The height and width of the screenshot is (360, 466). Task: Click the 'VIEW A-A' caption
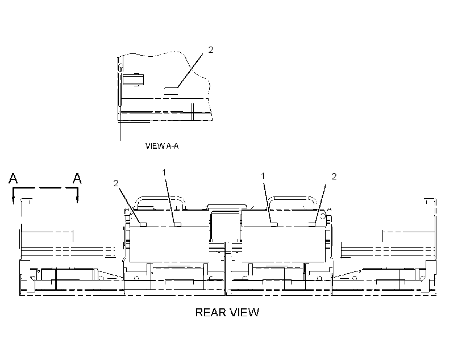[x=162, y=146]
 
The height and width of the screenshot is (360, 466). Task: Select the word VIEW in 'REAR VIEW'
[x=244, y=312]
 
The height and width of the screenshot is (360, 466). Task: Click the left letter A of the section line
[x=13, y=178]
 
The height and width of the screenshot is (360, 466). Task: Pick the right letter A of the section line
[x=77, y=178]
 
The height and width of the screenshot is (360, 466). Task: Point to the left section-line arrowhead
[x=14, y=200]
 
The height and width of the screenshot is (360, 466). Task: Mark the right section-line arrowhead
[x=77, y=200]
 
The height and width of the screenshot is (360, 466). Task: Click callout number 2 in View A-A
[x=211, y=49]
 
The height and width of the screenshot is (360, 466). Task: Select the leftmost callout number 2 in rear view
[x=116, y=183]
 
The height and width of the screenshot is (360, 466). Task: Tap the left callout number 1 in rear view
[x=164, y=172]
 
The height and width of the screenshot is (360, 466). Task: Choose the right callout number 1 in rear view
[x=263, y=176]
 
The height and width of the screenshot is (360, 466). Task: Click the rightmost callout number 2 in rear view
[x=334, y=177]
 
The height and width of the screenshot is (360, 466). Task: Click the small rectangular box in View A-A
[x=134, y=79]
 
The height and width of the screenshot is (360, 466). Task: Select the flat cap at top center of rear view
[x=227, y=207]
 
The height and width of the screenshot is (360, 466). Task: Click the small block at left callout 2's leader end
[x=143, y=224]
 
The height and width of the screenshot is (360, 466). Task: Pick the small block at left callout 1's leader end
[x=177, y=224]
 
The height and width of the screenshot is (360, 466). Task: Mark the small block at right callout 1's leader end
[x=274, y=224]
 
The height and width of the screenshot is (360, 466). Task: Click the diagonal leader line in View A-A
[x=190, y=70]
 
